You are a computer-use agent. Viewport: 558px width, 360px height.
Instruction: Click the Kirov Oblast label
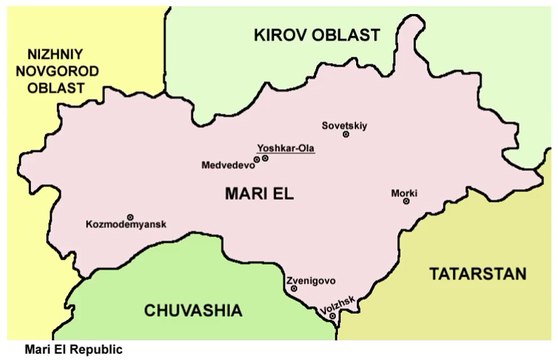pos(316,35)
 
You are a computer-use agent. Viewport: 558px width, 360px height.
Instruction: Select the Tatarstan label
pos(475,273)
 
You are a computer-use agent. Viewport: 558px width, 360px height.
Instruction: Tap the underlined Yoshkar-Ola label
pos(285,148)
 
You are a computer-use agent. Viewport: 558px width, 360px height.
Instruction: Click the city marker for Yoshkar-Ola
pos(265,158)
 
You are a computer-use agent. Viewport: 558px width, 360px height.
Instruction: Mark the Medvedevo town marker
pos(257,159)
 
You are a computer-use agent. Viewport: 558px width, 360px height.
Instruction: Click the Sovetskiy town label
pos(345,125)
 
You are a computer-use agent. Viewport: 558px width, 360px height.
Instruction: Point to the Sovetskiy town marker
pos(346,135)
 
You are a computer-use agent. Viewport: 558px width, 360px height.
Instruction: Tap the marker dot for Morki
pos(406,201)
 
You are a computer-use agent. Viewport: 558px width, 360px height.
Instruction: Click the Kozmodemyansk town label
pos(125,226)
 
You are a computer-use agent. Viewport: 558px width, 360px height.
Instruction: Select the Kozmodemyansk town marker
pos(130,216)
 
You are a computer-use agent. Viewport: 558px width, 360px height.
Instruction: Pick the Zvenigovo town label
pos(312,281)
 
